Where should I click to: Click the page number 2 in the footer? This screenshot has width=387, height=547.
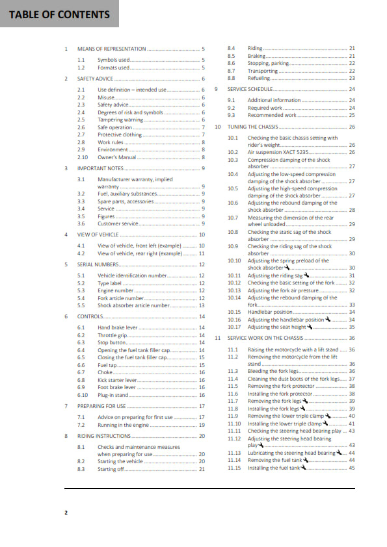pos(66,513)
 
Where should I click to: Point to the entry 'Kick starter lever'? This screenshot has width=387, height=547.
pos(117,380)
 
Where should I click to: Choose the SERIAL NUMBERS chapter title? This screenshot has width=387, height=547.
pos(98,264)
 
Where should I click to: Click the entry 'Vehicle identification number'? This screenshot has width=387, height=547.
pos(133,275)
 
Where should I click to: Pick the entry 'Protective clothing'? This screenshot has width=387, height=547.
pos(120,134)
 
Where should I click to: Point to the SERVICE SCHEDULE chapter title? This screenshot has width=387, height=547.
pos(250,89)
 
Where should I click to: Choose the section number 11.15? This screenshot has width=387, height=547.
pos(235,468)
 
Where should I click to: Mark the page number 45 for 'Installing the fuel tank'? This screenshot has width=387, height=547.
pos(352,468)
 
